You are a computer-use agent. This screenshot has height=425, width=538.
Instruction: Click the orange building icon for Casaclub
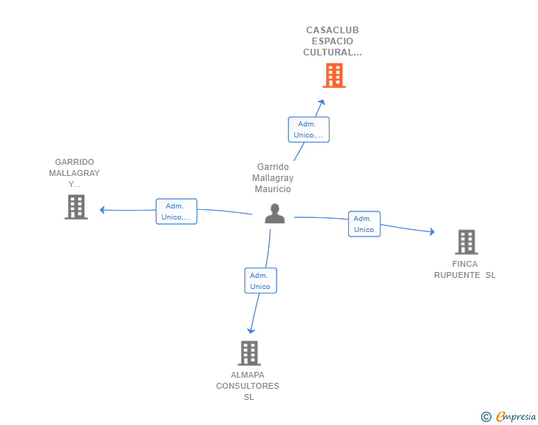coord(334,75)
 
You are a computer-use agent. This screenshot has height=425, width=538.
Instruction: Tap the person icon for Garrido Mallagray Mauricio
coord(275,214)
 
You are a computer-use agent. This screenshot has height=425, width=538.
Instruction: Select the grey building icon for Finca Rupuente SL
coord(466,242)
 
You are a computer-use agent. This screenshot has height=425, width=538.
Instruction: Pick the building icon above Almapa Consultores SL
coord(250,353)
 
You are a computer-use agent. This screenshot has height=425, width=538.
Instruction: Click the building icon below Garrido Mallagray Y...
coord(76,207)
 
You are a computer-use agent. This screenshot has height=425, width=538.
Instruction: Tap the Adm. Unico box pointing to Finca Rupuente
coord(364,224)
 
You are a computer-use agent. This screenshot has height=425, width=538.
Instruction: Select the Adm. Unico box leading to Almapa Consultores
coord(260,280)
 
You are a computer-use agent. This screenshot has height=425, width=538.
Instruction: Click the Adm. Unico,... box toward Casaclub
coord(308,129)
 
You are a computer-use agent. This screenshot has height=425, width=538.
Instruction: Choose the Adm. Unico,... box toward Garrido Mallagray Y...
coord(177,211)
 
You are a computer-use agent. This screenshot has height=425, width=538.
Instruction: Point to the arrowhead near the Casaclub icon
coord(321,102)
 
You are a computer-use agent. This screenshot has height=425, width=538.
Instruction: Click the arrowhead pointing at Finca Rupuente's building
coord(432,232)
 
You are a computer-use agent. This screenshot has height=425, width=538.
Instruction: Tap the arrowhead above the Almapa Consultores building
coord(251,331)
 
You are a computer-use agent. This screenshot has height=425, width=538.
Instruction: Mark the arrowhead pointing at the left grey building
coord(102,210)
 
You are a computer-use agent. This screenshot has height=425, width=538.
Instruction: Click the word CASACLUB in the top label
coord(333,30)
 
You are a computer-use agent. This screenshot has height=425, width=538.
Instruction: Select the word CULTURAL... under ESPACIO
coord(333,52)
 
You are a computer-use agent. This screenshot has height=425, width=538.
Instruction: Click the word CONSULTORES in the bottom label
coord(248,386)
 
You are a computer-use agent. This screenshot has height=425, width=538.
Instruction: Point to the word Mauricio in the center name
coord(273,188)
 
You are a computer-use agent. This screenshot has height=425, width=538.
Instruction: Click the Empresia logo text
coord(516,416)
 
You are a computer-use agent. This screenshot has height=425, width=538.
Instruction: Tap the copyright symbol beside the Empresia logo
coord(486,417)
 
